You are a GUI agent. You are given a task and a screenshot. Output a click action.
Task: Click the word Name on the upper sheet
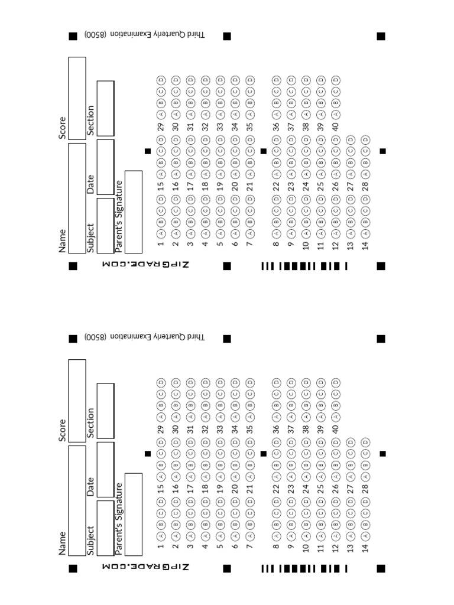coord(62,240)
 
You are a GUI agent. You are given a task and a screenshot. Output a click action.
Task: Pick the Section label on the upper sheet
coord(90,120)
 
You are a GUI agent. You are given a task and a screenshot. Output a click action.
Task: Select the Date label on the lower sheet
coord(90,486)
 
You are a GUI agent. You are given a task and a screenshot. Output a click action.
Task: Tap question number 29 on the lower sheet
coord(160,428)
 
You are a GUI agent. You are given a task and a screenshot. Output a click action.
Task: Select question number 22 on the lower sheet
coord(276,489)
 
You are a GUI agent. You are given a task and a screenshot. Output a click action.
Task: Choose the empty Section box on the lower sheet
coord(105,411)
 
